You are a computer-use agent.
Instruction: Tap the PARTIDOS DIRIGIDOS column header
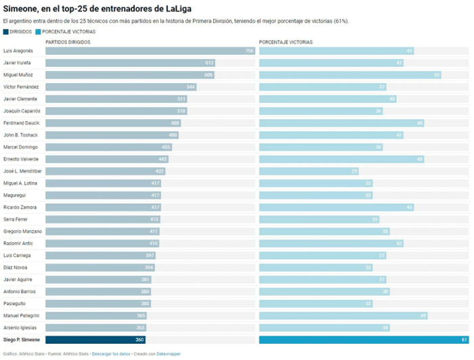pos(68,42)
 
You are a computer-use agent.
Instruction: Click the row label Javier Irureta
pos(19,63)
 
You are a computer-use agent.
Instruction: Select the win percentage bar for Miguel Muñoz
pos(349,74)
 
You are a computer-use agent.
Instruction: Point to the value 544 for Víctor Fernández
pos(191,87)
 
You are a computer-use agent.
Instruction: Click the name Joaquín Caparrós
pos(22,111)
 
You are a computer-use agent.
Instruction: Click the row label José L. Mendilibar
pos(22,171)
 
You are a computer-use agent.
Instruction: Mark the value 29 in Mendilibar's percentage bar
pos(354,171)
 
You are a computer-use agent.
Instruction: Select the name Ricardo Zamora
pos(20,207)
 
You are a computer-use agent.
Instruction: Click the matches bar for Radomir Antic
pos(102,243)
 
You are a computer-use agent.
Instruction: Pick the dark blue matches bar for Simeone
pos(95,340)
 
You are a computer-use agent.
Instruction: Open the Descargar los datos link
pos(110,353)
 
